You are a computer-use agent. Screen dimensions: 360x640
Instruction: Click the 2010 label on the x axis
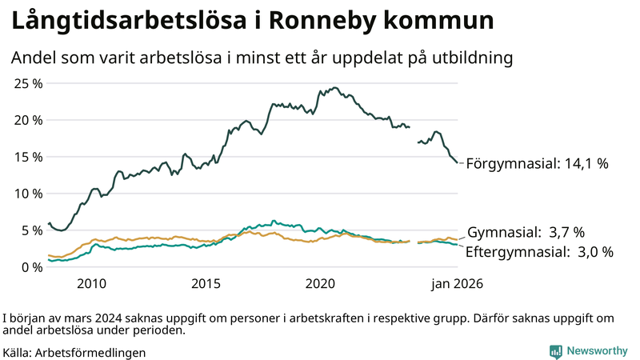pos(91,283)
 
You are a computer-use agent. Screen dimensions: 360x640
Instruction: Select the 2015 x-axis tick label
pos(206,283)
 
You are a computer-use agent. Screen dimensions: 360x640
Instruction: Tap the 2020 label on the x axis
pos(320,283)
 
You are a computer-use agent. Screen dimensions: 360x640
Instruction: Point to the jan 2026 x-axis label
pos(457,283)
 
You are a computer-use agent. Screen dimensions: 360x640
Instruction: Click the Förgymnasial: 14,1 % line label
pos(537,163)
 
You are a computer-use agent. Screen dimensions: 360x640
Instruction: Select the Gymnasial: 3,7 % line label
pos(526,233)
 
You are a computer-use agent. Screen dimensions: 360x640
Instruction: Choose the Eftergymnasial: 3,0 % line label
pos(540,252)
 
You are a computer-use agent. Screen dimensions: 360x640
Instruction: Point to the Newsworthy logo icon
pos(555,351)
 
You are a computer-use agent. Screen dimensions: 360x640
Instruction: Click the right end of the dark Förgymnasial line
pos(457,162)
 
